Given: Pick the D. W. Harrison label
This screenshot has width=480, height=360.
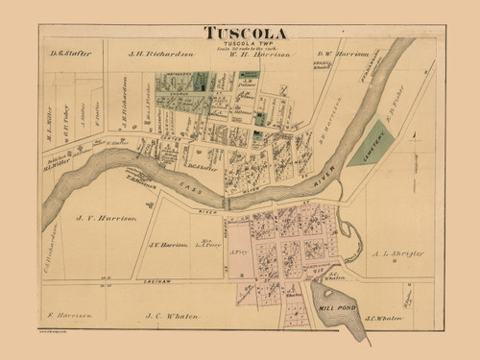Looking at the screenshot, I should [x=343, y=54].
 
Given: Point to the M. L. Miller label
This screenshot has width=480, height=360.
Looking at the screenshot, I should [x=49, y=120].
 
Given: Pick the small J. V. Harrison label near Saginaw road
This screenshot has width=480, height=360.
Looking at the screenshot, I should [x=165, y=244].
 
